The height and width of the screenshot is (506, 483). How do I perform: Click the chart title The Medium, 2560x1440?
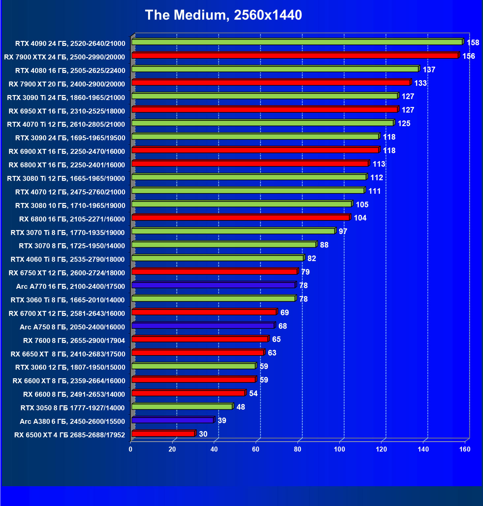[x=223, y=15]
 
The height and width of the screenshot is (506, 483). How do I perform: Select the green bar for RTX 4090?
[x=297, y=42]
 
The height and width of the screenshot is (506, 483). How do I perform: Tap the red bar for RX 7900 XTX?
[x=295, y=55]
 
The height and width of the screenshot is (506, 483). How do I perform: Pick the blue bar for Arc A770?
[x=213, y=285]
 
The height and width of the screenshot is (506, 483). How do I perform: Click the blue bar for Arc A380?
[x=173, y=420]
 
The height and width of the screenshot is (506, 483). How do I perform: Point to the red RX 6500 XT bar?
[x=163, y=434]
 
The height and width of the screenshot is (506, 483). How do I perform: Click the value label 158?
[x=473, y=43]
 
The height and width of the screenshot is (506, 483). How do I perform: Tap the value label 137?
[x=429, y=70]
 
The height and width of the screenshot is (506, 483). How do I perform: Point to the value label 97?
[x=343, y=231]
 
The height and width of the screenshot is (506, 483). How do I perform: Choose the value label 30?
[x=203, y=434]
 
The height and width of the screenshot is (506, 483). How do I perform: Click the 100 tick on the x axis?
[x=339, y=449]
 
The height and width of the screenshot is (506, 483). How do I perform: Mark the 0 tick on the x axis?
[x=131, y=449]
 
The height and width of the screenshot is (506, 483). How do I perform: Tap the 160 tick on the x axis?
[x=465, y=449]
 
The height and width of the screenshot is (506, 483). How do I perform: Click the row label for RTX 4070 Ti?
[x=66, y=124]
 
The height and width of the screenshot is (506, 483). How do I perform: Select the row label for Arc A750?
[x=72, y=327]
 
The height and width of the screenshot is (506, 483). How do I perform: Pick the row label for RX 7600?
[x=74, y=341]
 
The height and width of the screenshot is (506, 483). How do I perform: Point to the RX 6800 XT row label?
[x=67, y=165]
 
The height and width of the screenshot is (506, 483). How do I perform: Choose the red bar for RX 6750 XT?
[x=214, y=272]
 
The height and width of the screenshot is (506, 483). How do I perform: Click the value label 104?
[x=360, y=218]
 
